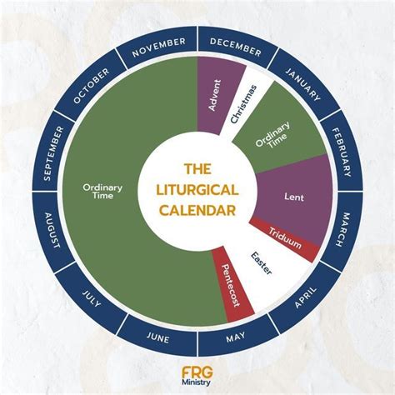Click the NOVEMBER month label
(159, 47)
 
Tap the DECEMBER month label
(236, 47)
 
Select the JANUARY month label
(303, 83)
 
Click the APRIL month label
(306, 297)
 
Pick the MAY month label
(236, 337)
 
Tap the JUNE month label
(157, 337)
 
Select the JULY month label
(91, 298)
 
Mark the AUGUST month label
(52, 230)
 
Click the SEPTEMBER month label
(53, 153)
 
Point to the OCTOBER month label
(91, 86)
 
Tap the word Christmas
(243, 104)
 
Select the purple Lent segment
(294, 197)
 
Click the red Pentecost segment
(231, 285)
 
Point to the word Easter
(261, 263)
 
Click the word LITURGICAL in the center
(197, 190)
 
